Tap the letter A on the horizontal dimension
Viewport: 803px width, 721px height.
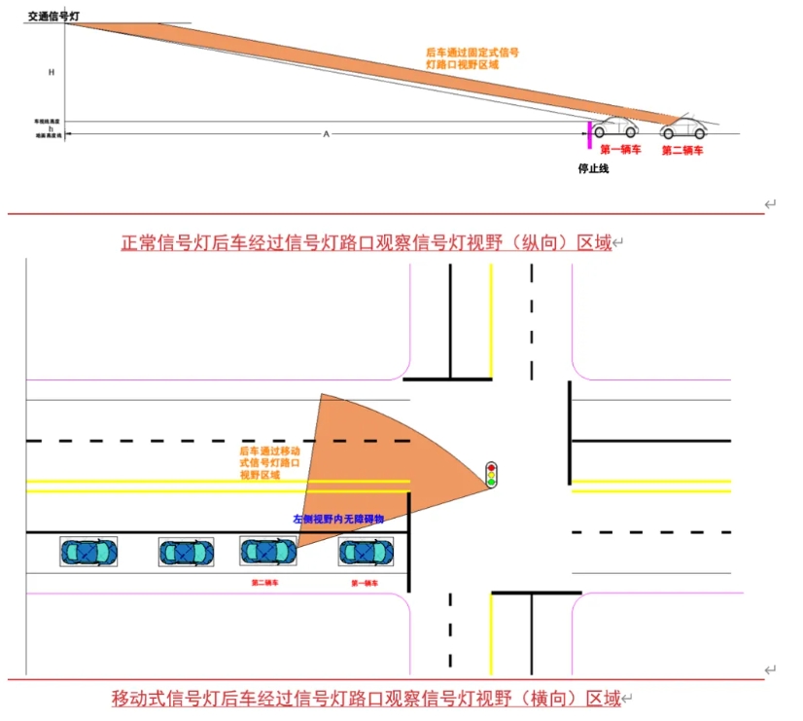(x=326, y=133)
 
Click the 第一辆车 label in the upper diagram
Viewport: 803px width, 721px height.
(x=620, y=150)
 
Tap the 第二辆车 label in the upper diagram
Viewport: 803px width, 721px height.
(x=682, y=151)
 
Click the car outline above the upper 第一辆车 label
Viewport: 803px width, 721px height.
(x=615, y=127)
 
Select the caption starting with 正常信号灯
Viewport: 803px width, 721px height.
(x=366, y=242)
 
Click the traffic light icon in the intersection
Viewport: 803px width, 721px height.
(x=492, y=474)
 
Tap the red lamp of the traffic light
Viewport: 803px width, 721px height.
(x=492, y=466)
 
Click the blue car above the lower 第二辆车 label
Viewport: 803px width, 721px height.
(x=268, y=552)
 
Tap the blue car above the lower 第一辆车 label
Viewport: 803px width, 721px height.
(x=366, y=552)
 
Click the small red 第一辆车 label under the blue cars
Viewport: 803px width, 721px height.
(x=364, y=583)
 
